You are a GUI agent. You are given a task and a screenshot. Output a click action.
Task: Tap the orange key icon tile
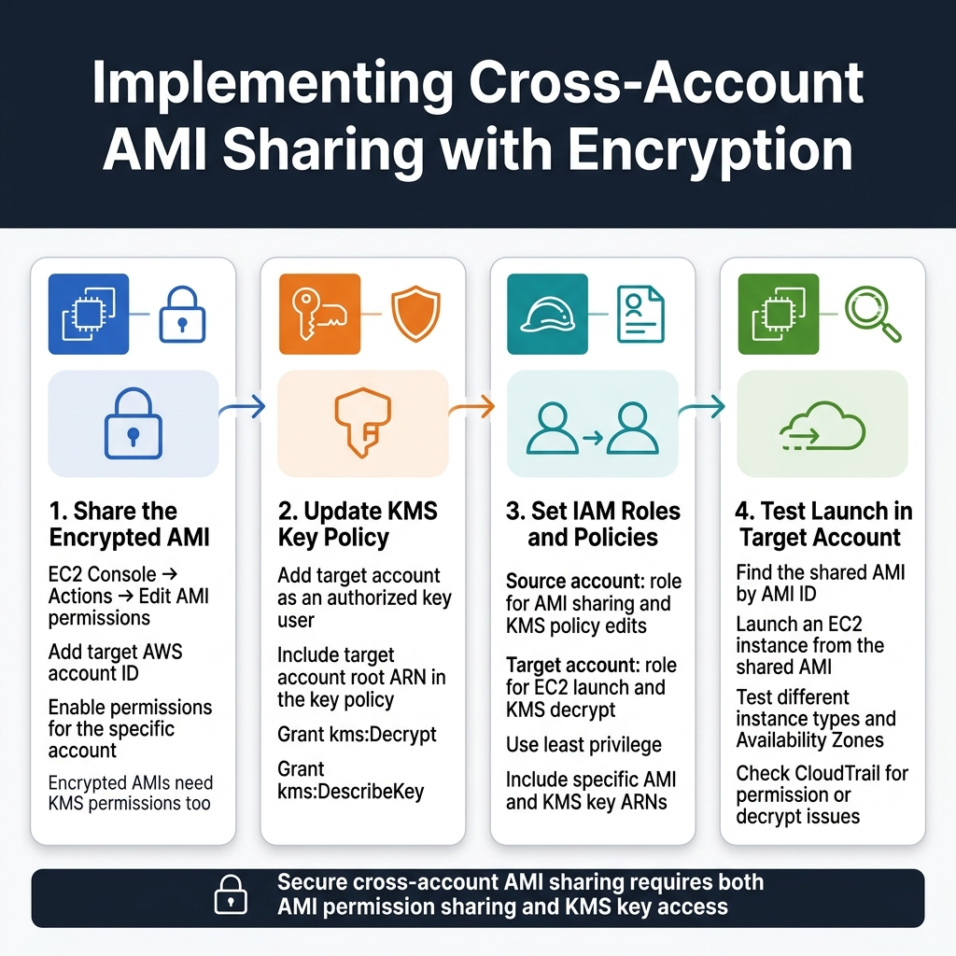[x=319, y=314]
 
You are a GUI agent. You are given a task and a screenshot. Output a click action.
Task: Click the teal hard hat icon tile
[x=547, y=314]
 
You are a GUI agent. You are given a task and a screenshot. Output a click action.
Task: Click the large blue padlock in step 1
[x=133, y=424]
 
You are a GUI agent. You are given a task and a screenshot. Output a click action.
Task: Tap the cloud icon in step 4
[x=822, y=428]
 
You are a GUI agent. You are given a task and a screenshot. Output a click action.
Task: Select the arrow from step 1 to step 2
[x=243, y=406]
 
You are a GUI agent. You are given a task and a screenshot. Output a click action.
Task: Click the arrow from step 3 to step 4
[x=702, y=406]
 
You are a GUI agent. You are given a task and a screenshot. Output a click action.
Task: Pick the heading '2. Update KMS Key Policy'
[x=357, y=524]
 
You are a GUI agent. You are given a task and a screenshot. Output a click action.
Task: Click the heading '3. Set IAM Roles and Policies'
[x=593, y=524]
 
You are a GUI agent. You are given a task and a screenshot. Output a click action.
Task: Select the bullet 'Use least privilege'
[x=583, y=744]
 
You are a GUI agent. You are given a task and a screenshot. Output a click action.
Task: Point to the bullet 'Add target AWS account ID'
[x=116, y=663]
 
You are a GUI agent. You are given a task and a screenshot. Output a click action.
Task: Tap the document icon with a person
[x=640, y=314]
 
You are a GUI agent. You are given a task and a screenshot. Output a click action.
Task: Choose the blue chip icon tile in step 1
[x=89, y=314]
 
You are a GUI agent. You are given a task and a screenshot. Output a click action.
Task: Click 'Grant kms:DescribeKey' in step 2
[x=350, y=780]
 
